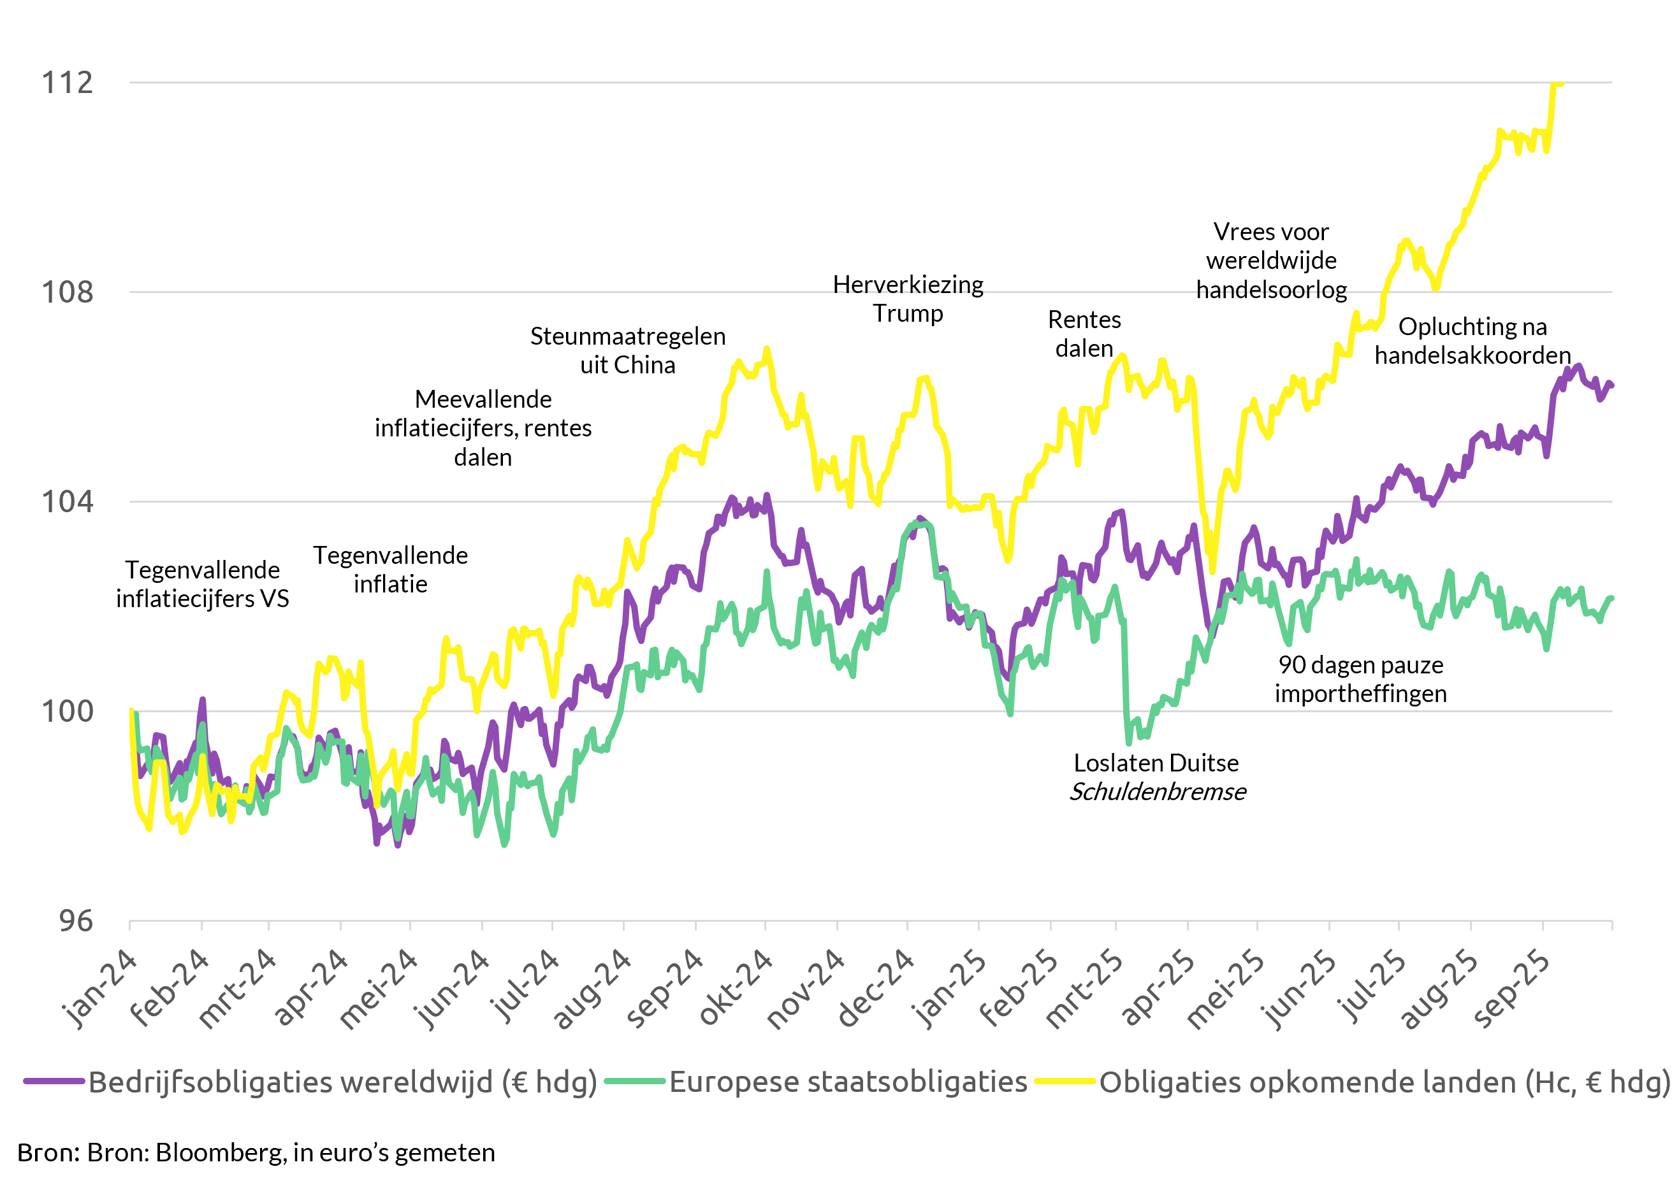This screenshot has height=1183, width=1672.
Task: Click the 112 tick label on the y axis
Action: (x=68, y=82)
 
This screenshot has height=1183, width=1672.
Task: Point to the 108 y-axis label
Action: (x=68, y=292)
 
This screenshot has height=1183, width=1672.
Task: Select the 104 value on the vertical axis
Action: (x=68, y=502)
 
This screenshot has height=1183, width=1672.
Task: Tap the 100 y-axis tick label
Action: (x=68, y=711)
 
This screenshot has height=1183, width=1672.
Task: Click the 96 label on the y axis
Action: (x=76, y=921)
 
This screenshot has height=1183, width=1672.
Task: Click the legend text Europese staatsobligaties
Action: (x=848, y=1082)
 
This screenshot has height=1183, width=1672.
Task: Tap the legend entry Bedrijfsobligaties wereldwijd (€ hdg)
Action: (x=342, y=1082)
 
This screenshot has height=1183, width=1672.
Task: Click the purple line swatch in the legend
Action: (x=55, y=1082)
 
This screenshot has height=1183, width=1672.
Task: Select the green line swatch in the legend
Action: (x=636, y=1082)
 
